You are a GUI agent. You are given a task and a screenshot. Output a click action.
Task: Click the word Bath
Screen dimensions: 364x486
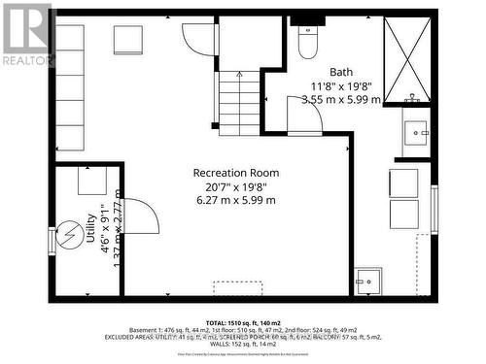click(341, 72)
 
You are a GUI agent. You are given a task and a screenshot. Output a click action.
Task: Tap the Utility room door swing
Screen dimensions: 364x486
click(140, 215)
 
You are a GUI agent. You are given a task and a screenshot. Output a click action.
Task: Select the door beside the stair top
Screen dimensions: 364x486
click(199, 39)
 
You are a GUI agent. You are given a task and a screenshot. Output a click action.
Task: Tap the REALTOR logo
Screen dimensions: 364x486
click(26, 34)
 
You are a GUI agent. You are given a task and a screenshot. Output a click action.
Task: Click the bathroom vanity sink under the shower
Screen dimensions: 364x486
click(417, 129)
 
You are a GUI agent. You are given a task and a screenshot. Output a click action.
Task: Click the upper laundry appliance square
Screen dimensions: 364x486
click(403, 182)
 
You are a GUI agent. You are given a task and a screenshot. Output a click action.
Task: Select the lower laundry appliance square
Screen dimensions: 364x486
click(403, 214)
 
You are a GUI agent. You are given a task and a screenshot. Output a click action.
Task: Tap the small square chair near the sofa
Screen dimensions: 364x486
click(128, 41)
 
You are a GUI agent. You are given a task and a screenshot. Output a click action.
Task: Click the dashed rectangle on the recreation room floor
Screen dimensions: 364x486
click(239, 287)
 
